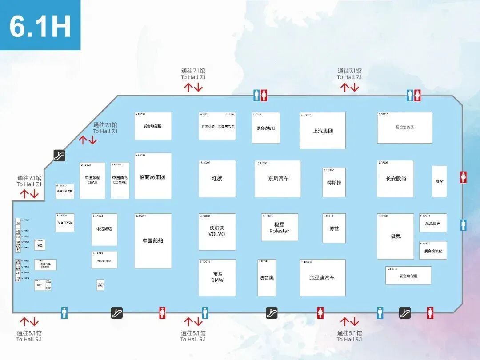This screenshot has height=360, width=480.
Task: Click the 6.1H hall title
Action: tap(40, 26)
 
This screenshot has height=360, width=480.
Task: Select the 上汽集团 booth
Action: tap(322, 131)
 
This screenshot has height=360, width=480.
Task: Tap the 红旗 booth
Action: tap(217, 179)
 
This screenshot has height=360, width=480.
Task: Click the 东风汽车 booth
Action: tap(278, 179)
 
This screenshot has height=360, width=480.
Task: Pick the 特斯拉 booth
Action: tap(334, 182)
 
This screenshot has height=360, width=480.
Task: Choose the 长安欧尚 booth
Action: tap(396, 179)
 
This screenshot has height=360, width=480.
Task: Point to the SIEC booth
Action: tap(439, 181)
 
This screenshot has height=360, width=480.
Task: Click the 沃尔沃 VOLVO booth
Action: tap(217, 231)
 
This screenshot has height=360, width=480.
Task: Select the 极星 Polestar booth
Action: tap(279, 228)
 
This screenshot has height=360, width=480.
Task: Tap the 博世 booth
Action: tap(334, 228)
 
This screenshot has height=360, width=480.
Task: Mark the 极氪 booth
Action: tap(396, 236)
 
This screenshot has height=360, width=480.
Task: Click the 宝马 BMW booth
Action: tap(217, 277)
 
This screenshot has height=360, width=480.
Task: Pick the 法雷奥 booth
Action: tap(267, 278)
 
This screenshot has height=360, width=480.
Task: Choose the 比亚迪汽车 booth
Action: tap(322, 278)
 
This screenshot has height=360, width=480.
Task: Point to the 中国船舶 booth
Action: tap(153, 240)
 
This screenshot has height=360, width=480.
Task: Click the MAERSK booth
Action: tap(65, 223)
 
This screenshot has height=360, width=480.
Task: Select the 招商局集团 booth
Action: tap(153, 176)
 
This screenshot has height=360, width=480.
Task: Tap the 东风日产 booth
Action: tap(433, 223)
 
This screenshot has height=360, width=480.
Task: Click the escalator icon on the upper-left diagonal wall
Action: tap(60, 155)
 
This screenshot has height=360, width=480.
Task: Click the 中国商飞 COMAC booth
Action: tap(120, 180)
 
